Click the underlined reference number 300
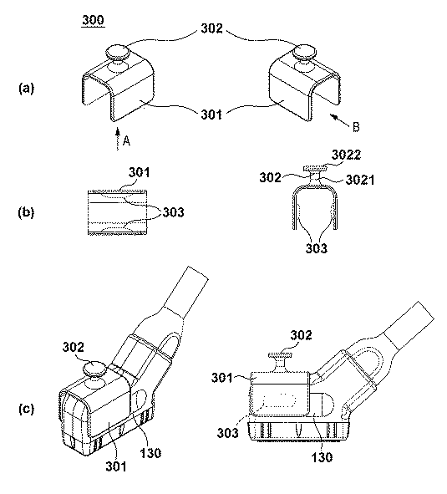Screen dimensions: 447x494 tap(94, 20)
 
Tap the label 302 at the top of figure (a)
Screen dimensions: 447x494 tap(212, 28)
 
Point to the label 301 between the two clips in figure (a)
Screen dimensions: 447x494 tap(211, 115)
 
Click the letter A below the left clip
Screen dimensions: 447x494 tap(126, 140)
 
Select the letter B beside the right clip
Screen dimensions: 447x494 tap(356, 127)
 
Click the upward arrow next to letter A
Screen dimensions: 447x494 tap(118, 139)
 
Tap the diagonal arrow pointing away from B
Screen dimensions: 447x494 tap(339, 121)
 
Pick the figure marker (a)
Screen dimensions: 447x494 tap(26, 89)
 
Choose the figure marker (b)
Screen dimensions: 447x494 tap(26, 212)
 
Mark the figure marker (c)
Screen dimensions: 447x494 tap(26, 409)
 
